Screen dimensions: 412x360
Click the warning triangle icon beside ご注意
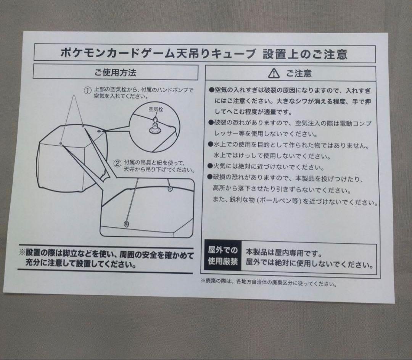click(274, 73)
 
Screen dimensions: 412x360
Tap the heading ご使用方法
click(115, 73)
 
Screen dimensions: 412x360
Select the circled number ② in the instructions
click(117, 163)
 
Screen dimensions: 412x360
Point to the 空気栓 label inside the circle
click(156, 109)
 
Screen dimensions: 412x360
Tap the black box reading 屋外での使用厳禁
click(223, 256)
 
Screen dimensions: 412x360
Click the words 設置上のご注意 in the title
click(305, 54)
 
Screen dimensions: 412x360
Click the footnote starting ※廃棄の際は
click(269, 283)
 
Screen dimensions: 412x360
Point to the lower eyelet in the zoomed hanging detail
click(127, 224)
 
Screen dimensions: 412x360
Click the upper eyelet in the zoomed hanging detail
click(170, 188)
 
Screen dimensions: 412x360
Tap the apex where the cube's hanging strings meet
click(74, 95)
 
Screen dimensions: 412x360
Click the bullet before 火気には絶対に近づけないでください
click(210, 166)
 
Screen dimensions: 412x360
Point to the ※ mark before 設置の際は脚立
click(22, 253)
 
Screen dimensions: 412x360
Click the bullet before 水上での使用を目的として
click(210, 144)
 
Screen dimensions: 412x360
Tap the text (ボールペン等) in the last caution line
click(278, 201)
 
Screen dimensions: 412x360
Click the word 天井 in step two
click(129, 170)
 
